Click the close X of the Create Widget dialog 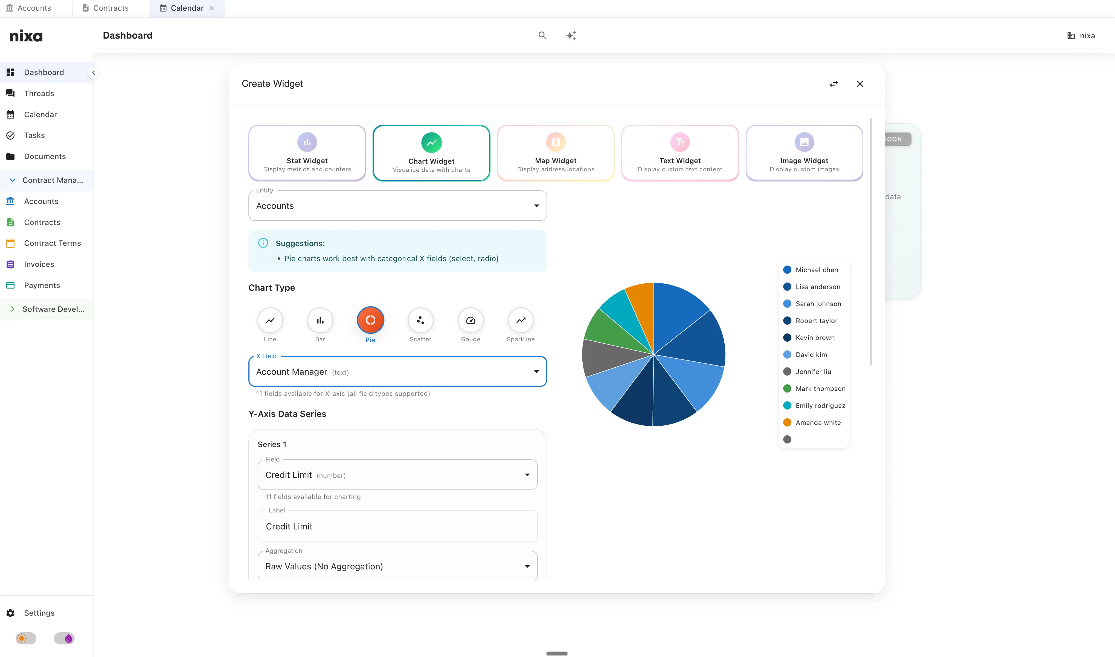click(x=860, y=84)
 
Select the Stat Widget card click(x=307, y=153)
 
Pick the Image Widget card click(x=804, y=153)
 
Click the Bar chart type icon click(x=320, y=320)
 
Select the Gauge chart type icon click(x=470, y=320)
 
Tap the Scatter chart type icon click(x=420, y=320)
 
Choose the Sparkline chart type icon click(x=521, y=320)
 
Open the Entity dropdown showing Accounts click(x=397, y=206)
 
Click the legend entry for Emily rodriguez click(x=820, y=405)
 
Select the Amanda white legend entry click(x=818, y=422)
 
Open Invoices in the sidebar click(x=39, y=264)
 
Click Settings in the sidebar click(x=39, y=613)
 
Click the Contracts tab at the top click(x=111, y=8)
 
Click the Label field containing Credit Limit click(x=397, y=526)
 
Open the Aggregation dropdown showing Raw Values click(x=397, y=566)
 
